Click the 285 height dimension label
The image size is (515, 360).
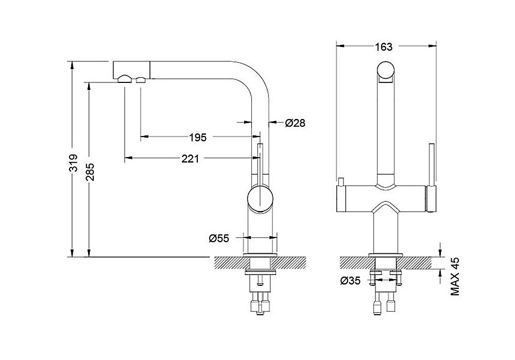(90, 172)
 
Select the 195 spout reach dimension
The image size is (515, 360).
(198, 137)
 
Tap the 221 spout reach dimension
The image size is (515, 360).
(190, 159)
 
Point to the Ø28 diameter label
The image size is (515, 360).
(295, 123)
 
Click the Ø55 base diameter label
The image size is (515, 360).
(219, 238)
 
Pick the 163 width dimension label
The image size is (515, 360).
(384, 47)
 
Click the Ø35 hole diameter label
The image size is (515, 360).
(350, 281)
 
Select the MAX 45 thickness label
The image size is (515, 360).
(455, 277)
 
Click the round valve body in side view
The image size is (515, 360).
(260, 199)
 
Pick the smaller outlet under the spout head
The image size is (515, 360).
(141, 79)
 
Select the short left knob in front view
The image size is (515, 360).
(340, 182)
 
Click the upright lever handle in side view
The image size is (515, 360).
(260, 164)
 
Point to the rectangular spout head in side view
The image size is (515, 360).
(132, 70)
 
